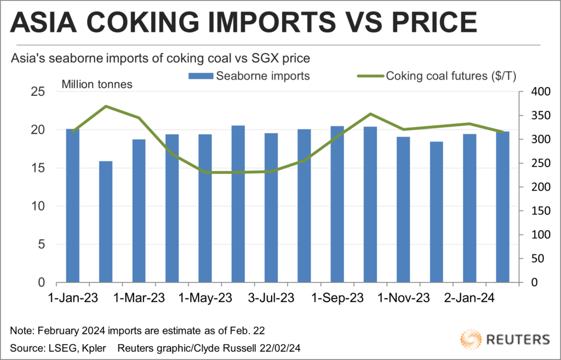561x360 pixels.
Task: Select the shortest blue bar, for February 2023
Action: pyautogui.click(x=106, y=222)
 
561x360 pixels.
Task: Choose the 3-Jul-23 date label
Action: pyautogui.click(x=271, y=299)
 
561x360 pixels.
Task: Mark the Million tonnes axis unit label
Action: pyautogui.click(x=96, y=85)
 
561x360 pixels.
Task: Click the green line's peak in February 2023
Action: pyautogui.click(x=106, y=106)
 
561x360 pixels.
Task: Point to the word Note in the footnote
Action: pyautogui.click(x=20, y=330)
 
